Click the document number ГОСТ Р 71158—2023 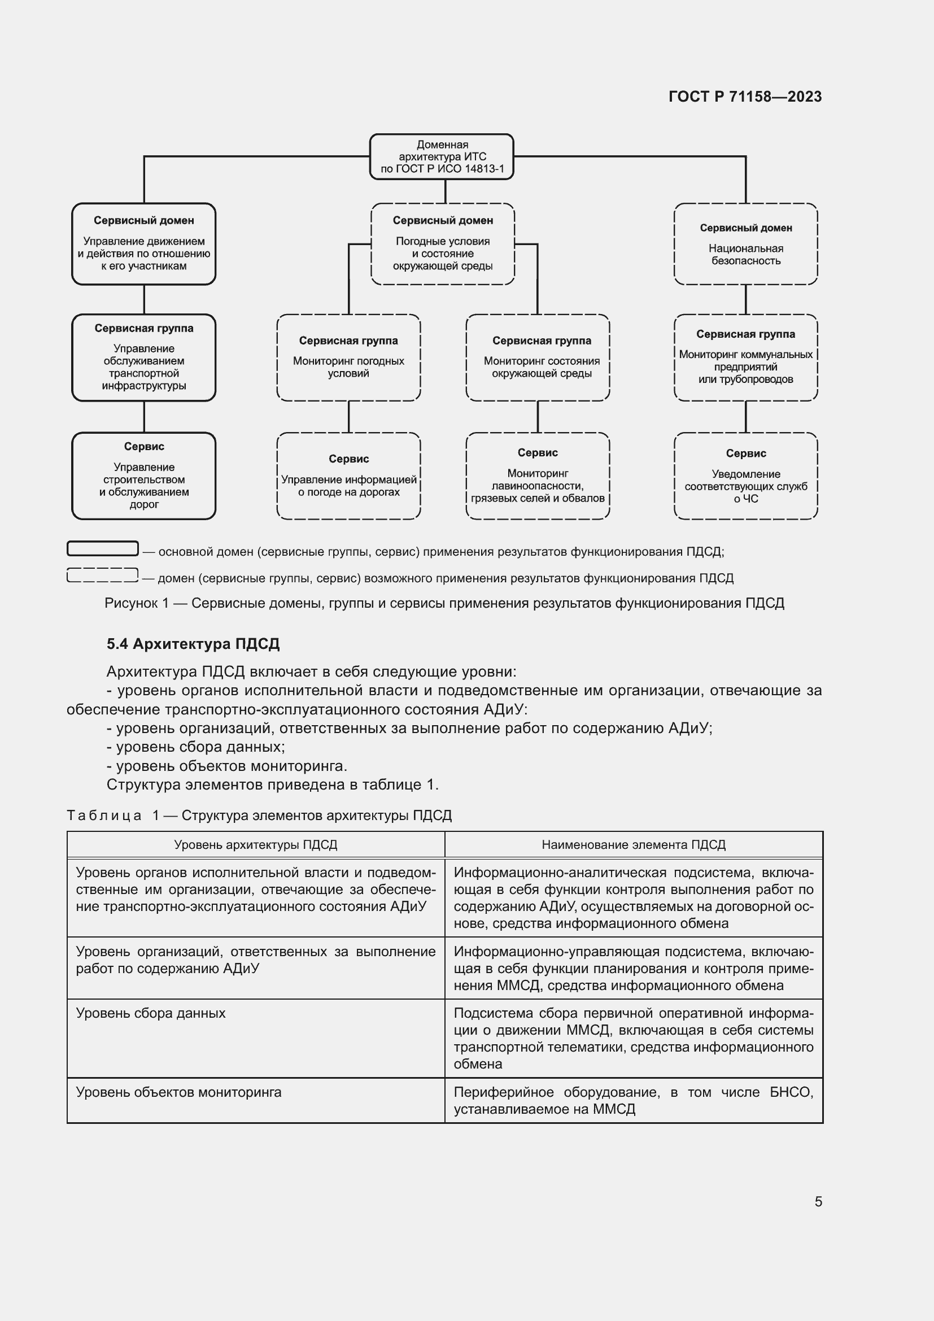click(x=745, y=97)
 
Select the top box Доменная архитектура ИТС click(x=442, y=156)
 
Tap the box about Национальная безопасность click(x=745, y=244)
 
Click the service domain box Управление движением click(x=144, y=244)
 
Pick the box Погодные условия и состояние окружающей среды click(x=442, y=244)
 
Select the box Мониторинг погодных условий click(x=348, y=358)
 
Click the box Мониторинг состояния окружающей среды click(x=538, y=358)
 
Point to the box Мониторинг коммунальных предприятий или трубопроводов click(x=745, y=358)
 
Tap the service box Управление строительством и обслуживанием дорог click(x=144, y=476)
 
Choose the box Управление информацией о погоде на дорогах click(x=348, y=476)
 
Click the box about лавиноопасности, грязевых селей click(x=538, y=476)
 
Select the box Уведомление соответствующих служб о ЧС click(x=745, y=476)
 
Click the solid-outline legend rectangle click(x=103, y=548)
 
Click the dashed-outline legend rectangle click(x=103, y=575)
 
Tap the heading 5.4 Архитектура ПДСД click(x=193, y=644)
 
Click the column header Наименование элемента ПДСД click(x=633, y=844)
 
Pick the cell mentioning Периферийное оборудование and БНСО click(x=633, y=1100)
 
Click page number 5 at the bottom click(x=818, y=1201)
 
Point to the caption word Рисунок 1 click(x=137, y=603)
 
